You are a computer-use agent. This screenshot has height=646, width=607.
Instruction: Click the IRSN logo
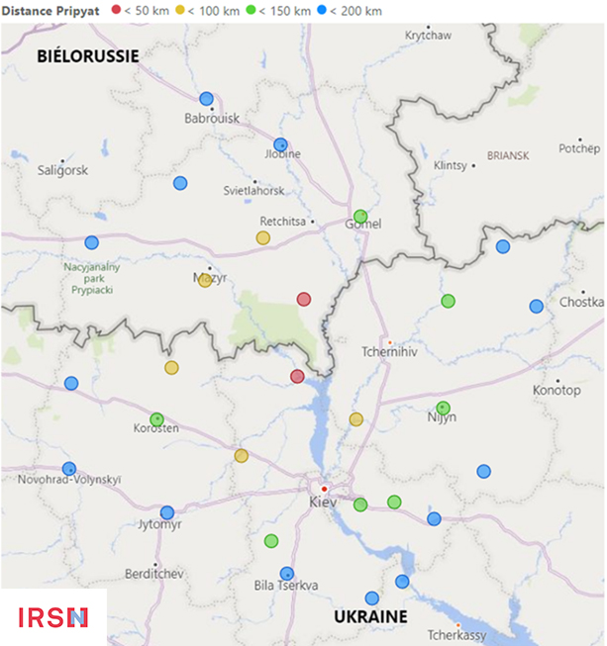click(53, 617)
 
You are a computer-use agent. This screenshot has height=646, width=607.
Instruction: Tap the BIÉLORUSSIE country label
click(87, 56)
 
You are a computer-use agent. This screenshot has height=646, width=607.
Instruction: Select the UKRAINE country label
click(369, 616)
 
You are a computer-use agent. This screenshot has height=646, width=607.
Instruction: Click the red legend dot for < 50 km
click(117, 10)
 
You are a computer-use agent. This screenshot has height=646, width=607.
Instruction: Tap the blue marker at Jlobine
click(280, 144)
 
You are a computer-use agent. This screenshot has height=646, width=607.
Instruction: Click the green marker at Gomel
click(360, 216)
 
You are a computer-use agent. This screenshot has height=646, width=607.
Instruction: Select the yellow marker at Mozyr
click(205, 280)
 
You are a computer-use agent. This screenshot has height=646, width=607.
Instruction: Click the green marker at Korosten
click(156, 419)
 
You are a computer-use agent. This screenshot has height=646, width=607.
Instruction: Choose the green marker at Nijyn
click(443, 408)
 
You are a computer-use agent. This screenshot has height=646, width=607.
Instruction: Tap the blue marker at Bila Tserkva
click(287, 573)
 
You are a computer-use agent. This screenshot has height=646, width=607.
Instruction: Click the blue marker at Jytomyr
click(167, 512)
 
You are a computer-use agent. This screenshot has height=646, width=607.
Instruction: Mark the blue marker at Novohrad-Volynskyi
click(69, 468)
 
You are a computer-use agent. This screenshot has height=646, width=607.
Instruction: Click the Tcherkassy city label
click(457, 634)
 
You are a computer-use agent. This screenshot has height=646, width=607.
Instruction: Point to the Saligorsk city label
click(62, 170)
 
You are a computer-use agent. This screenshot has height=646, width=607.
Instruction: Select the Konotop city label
click(556, 390)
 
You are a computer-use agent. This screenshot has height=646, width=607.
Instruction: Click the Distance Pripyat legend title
click(51, 10)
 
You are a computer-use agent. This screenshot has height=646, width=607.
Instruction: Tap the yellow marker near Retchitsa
click(262, 237)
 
